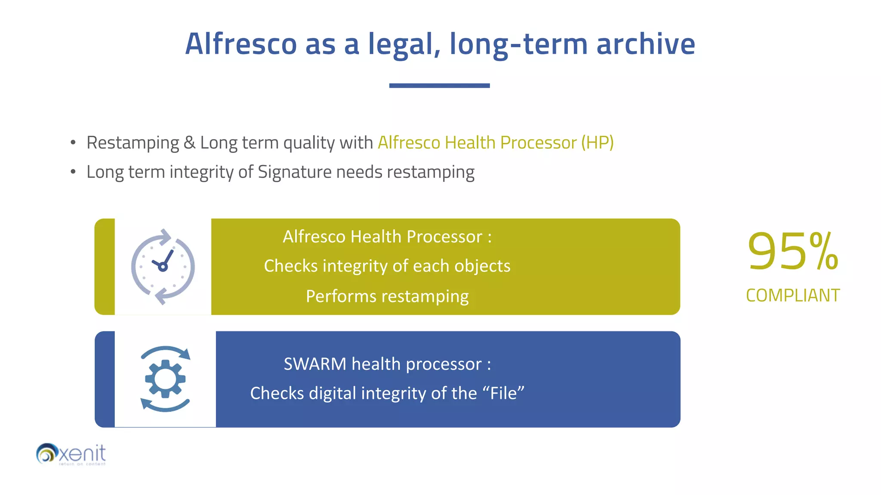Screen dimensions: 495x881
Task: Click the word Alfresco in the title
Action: (x=241, y=44)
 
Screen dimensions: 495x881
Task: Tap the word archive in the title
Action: (x=645, y=44)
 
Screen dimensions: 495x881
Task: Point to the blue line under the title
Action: (x=439, y=86)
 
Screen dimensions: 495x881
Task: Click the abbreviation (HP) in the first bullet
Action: (x=597, y=143)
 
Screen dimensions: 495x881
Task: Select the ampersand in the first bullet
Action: (x=189, y=143)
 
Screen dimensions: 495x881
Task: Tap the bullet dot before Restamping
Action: (x=73, y=143)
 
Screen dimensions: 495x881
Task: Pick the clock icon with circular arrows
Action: (x=163, y=267)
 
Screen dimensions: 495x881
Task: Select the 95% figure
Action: (x=792, y=252)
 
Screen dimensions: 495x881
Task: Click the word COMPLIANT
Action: (x=792, y=296)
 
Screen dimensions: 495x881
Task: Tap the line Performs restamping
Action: (x=387, y=296)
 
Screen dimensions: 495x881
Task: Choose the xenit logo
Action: (x=71, y=454)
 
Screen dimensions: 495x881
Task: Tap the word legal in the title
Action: (x=404, y=44)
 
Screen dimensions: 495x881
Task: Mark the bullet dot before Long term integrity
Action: (x=73, y=172)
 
